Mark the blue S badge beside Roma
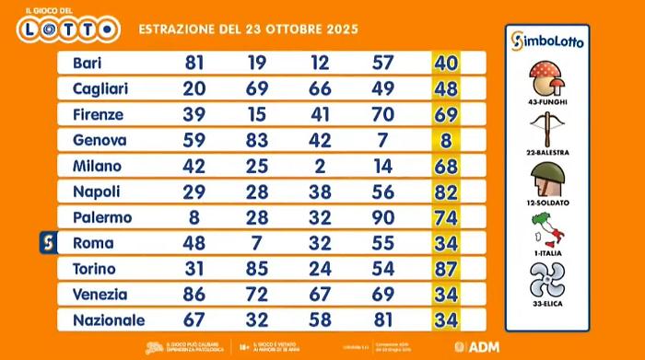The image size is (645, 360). [53, 243]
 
